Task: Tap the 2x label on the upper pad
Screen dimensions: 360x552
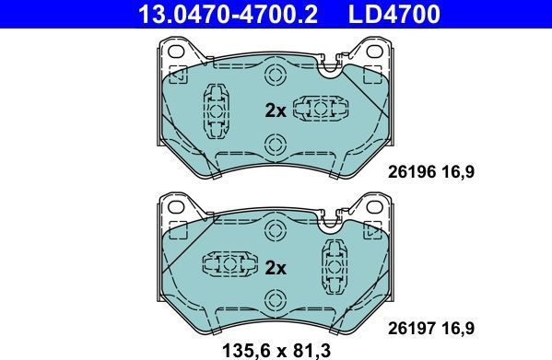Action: (276, 111)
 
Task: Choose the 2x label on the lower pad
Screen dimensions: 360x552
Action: (276, 269)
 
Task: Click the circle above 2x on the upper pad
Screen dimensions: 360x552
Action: (275, 75)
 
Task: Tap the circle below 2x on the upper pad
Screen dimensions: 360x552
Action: (275, 143)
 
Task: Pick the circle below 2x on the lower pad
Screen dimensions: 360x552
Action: (275, 300)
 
